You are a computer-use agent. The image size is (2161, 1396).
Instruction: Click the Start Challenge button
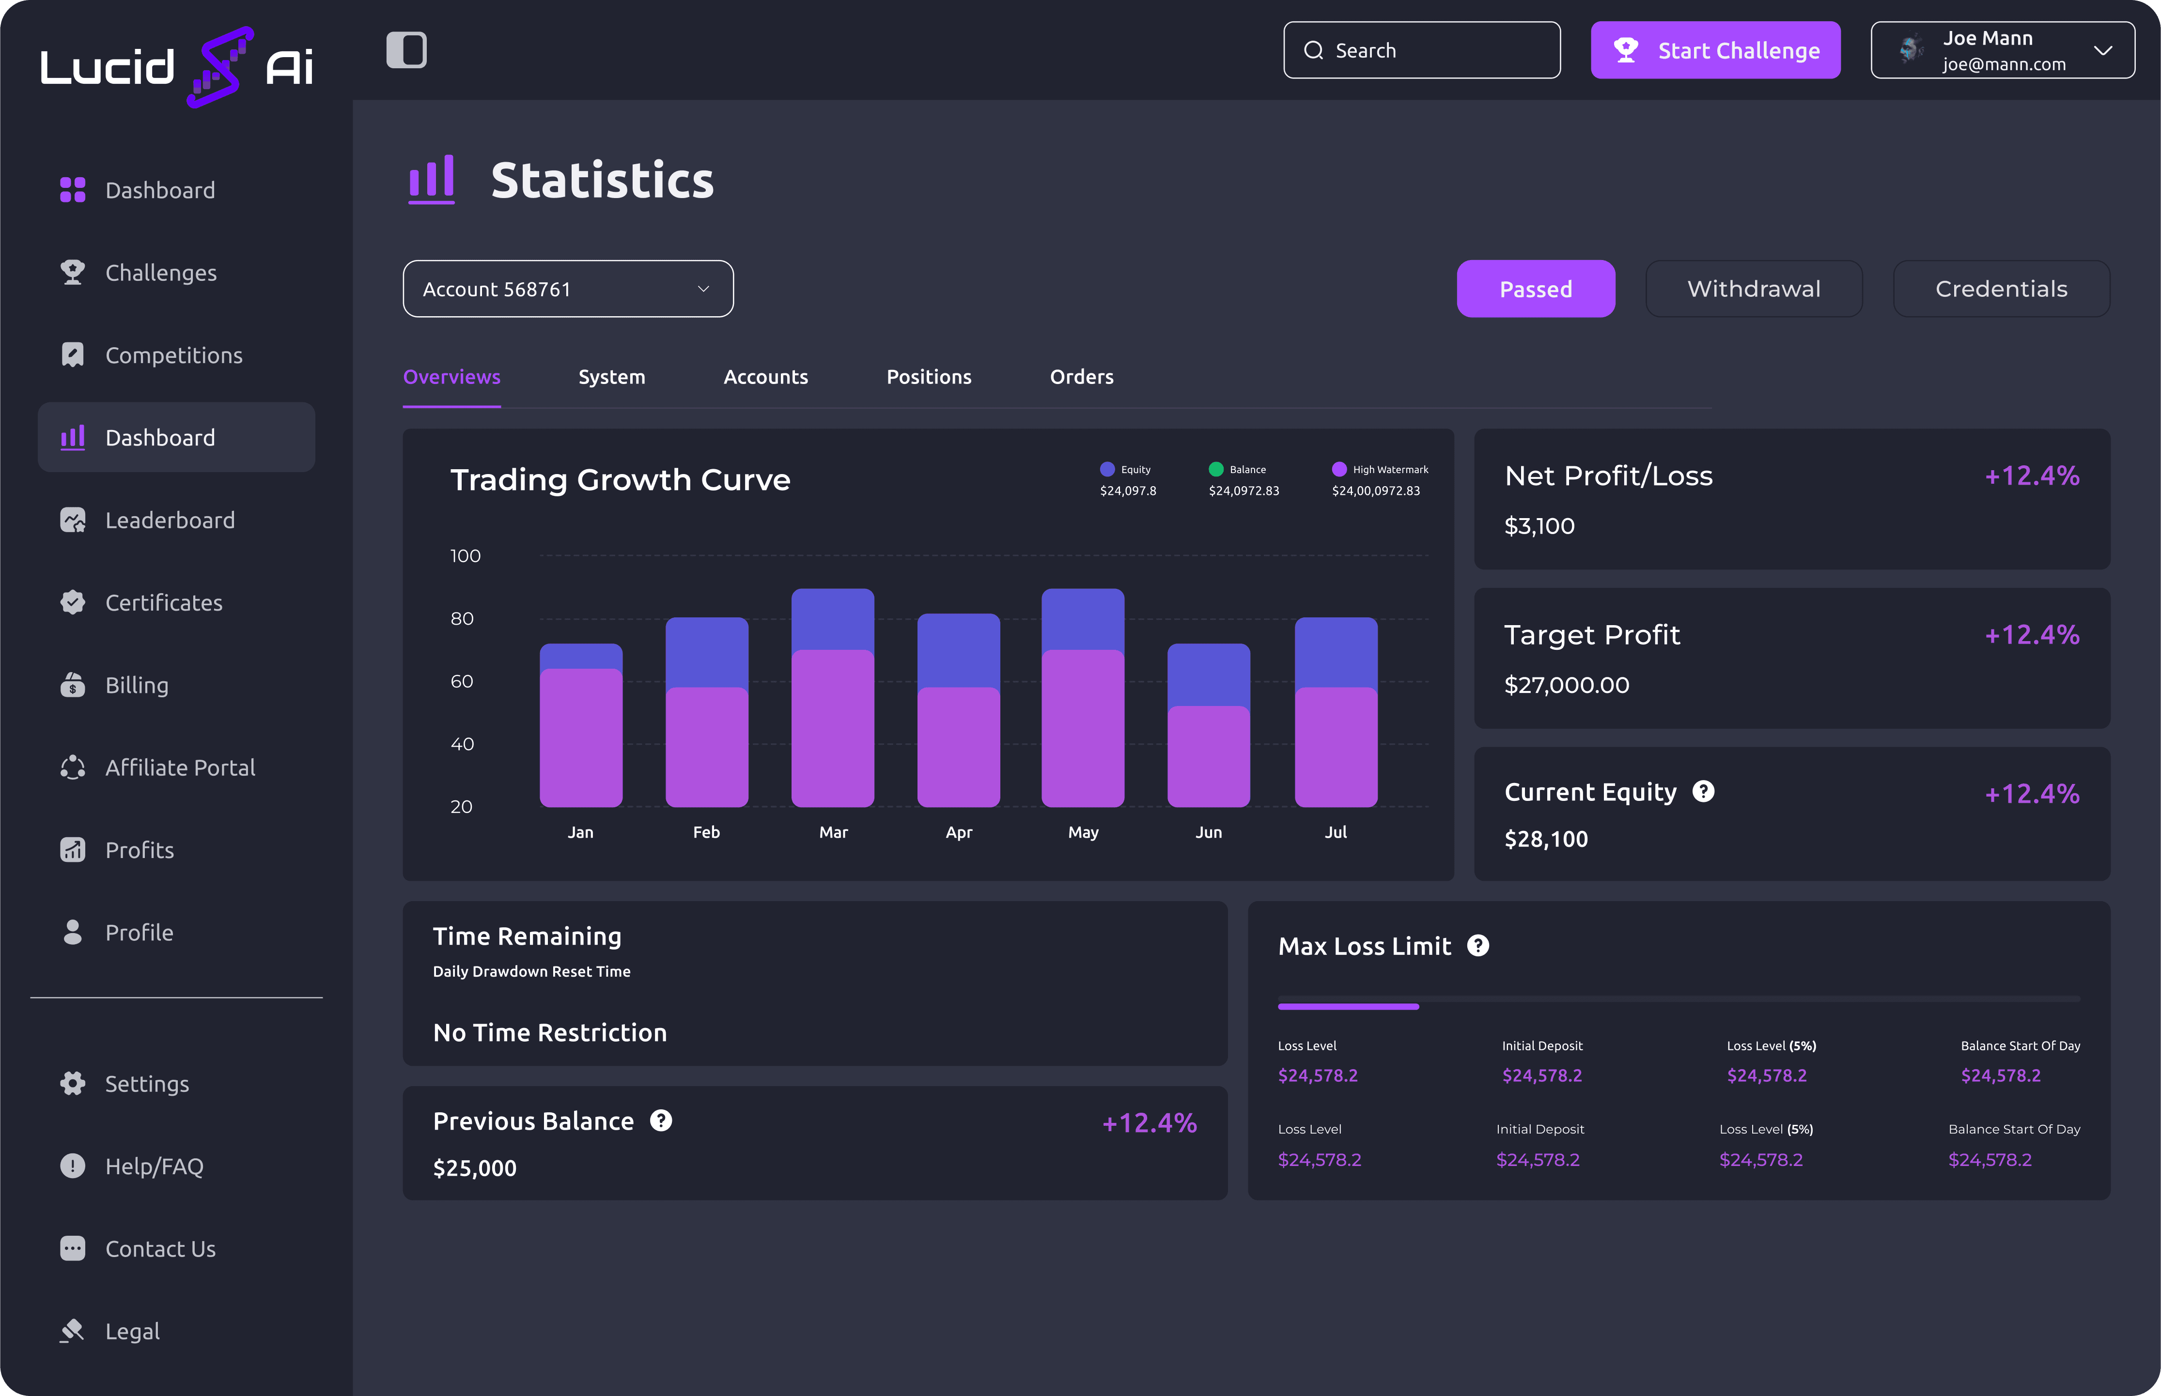[x=1715, y=50]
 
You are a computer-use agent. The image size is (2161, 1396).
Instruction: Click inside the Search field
[x=1421, y=50]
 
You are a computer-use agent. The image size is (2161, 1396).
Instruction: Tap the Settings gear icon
[x=73, y=1083]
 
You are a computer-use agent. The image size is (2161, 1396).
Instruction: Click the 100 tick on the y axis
[x=465, y=556]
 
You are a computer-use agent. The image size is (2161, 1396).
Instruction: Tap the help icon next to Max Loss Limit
[x=1478, y=946]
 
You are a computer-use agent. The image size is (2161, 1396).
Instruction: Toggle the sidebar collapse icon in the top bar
[x=406, y=50]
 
